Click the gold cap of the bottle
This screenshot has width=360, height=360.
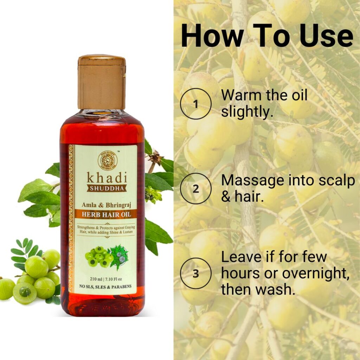point(102,82)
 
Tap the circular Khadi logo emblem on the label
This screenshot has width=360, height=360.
point(108,161)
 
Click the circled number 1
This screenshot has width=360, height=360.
point(196,104)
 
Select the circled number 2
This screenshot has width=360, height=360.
point(196,189)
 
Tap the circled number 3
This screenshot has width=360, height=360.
point(196,274)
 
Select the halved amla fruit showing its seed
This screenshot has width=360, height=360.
point(25,292)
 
